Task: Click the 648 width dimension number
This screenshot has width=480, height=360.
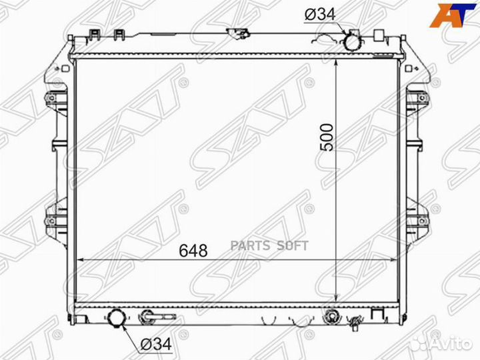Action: pyautogui.click(x=193, y=251)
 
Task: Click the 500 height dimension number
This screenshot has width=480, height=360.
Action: pyautogui.click(x=326, y=137)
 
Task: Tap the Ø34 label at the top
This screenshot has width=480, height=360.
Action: pyautogui.click(x=320, y=14)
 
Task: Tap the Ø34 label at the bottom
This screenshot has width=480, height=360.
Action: pyautogui.click(x=156, y=345)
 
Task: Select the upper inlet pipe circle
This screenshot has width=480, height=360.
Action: pyautogui.click(x=353, y=42)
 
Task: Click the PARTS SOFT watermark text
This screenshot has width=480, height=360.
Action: pyautogui.click(x=269, y=246)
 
